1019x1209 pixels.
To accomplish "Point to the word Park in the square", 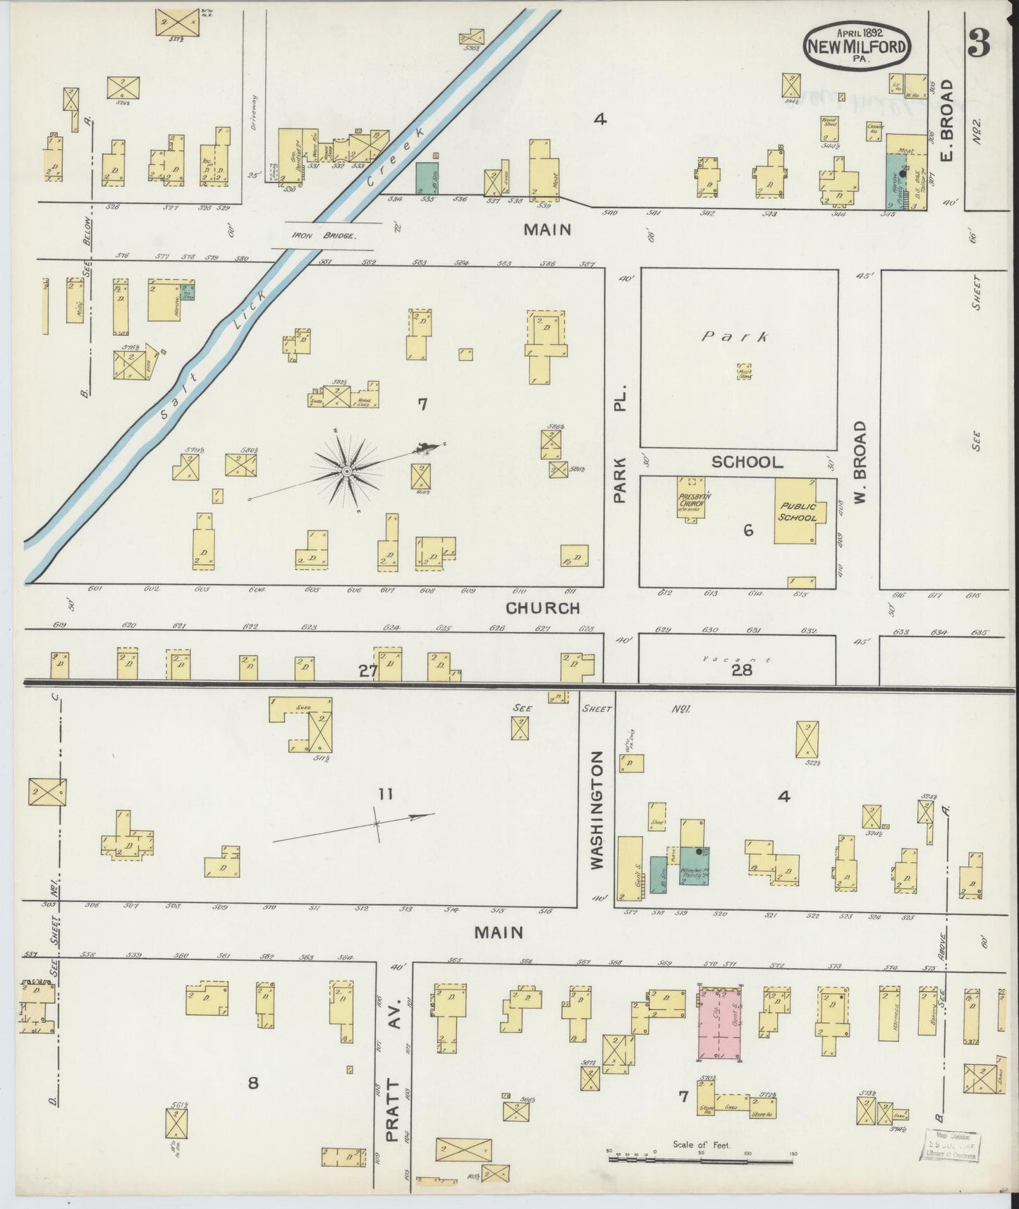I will coord(734,337).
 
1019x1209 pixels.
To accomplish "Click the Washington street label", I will coord(597,809).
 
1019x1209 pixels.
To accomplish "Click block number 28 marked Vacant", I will coord(742,670).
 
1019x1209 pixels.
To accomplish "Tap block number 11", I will coord(384,794).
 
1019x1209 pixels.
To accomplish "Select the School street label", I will coord(747,462).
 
